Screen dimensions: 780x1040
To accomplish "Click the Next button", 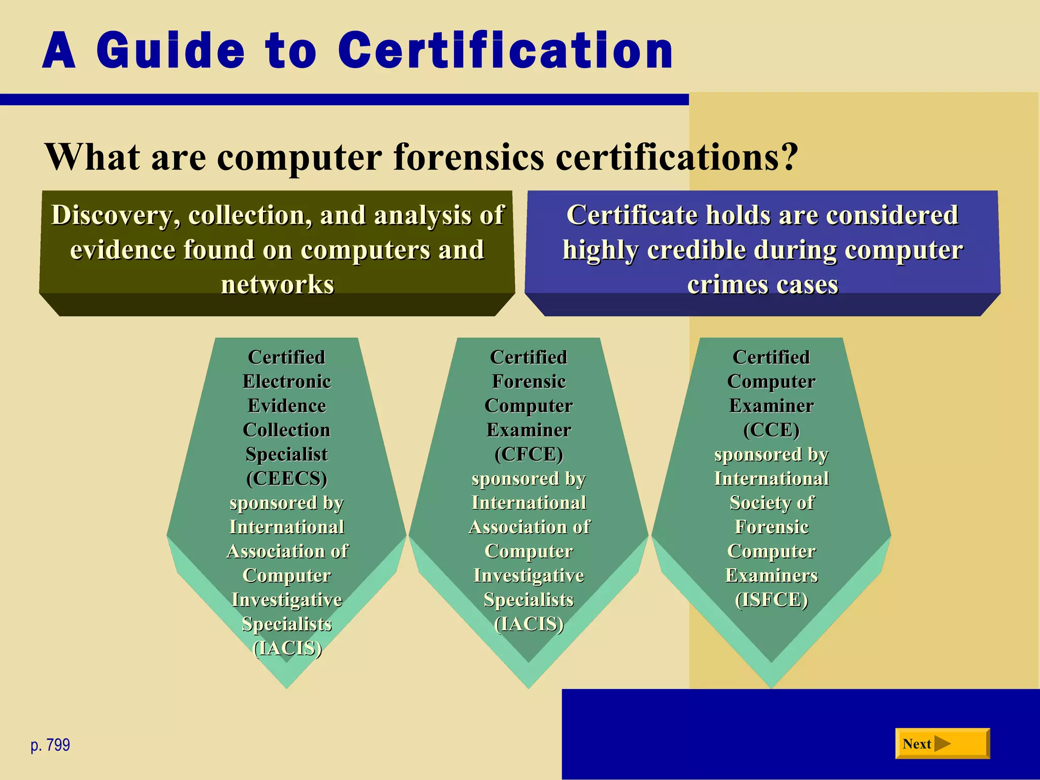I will tap(942, 743).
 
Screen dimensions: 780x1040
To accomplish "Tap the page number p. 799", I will tap(50, 745).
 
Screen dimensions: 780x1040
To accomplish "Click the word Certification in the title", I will tap(505, 51).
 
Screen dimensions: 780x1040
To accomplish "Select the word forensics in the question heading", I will tap(469, 157).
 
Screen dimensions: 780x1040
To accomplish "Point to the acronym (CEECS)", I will tap(287, 478).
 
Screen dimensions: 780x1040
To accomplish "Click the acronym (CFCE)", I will tap(529, 454).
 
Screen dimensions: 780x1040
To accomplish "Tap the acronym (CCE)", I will tap(771, 430).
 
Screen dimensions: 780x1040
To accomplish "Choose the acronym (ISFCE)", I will tap(771, 600).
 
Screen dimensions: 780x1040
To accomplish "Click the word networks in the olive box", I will tap(277, 284).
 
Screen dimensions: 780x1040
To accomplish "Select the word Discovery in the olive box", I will tap(116, 215).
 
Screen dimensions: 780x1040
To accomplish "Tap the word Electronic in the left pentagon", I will tap(287, 381).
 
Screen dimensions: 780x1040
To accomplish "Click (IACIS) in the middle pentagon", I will tap(529, 624).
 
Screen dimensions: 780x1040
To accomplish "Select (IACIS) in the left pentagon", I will tap(287, 648).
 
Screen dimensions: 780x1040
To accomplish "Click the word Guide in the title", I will tap(170, 51).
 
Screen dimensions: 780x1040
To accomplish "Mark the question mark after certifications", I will tap(789, 157).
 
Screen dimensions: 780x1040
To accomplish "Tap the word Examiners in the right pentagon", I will tap(771, 575).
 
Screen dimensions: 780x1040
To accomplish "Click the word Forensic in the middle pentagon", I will tap(529, 381).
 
